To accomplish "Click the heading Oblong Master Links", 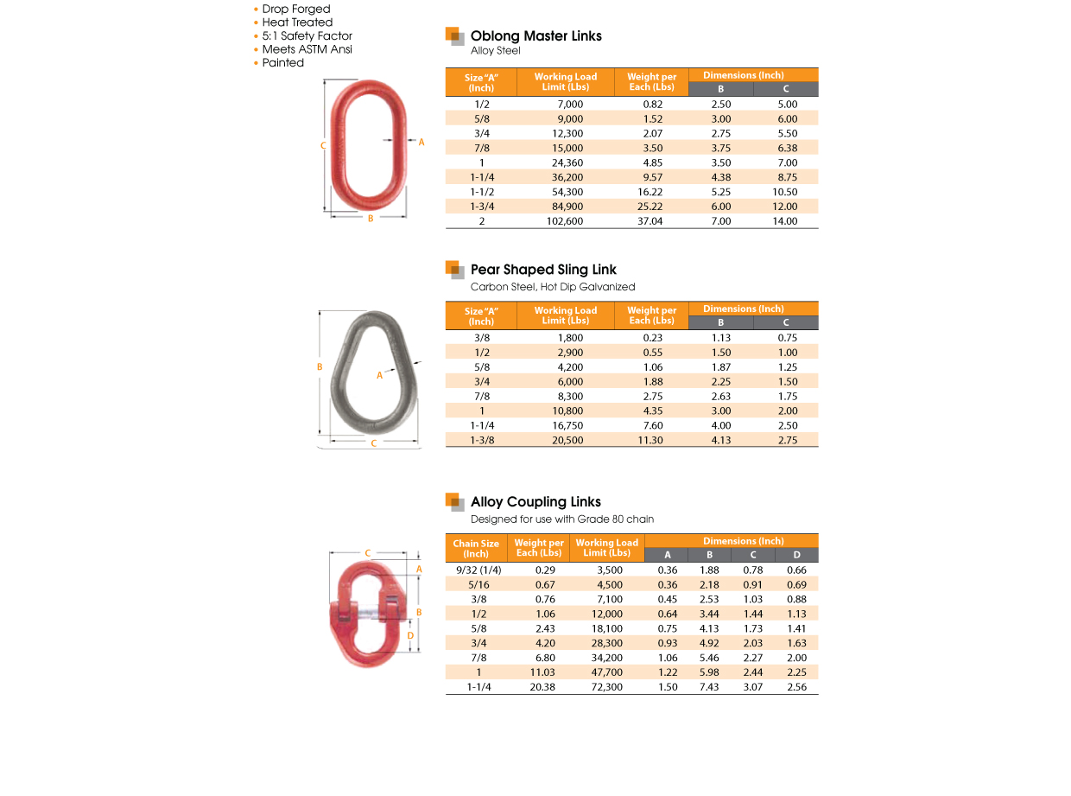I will tap(535, 36).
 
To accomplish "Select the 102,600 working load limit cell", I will tap(565, 221).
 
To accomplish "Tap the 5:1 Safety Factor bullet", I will tap(307, 36).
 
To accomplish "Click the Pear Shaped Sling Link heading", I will tap(543, 270).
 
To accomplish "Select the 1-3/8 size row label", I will tap(481, 441).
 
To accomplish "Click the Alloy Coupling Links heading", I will tap(535, 502).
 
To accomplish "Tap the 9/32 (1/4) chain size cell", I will tap(478, 570).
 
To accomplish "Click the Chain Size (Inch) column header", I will tap(476, 549).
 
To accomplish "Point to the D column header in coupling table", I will tap(796, 555).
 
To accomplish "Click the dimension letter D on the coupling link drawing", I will tap(410, 636).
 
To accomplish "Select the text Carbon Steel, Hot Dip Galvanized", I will tap(553, 287).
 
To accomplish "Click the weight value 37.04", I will tap(651, 221).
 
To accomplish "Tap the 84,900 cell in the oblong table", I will tap(567, 207).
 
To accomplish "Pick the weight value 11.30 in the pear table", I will tap(651, 441).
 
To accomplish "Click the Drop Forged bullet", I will tap(296, 10).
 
